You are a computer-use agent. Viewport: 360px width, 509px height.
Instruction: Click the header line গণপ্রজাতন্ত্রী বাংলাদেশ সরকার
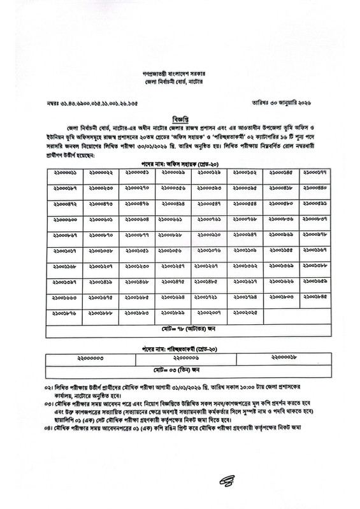(x=180, y=75)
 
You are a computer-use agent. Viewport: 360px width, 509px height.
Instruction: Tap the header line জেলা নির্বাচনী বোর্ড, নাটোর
(x=180, y=83)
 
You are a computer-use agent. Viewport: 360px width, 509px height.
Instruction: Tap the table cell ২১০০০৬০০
(x=65, y=220)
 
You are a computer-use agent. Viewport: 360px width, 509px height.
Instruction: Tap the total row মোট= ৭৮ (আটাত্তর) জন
(x=180, y=330)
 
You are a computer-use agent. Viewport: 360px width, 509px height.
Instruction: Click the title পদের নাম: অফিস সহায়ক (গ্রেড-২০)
(x=180, y=163)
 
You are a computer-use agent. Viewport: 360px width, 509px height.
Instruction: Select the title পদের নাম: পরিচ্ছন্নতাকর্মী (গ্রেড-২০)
(x=180, y=350)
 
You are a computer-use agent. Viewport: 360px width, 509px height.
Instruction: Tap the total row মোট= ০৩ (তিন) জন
(x=180, y=369)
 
